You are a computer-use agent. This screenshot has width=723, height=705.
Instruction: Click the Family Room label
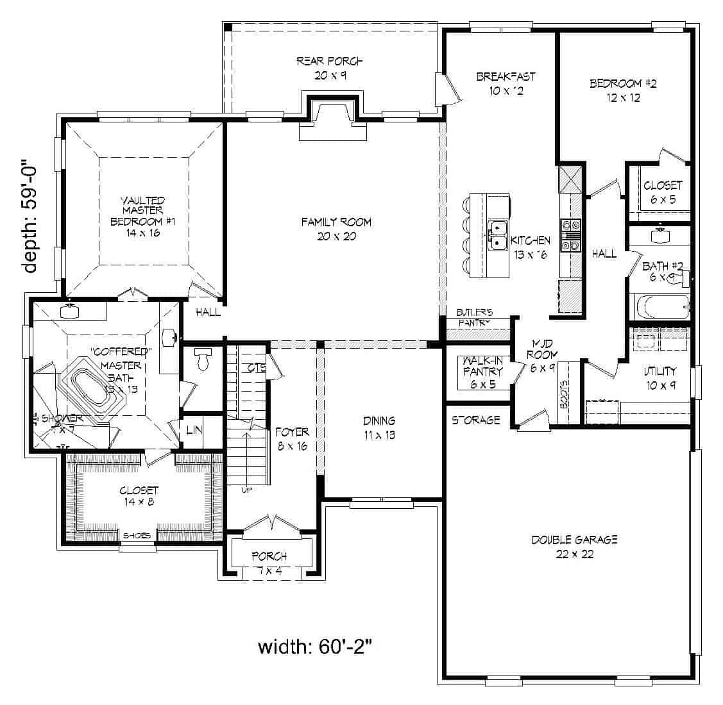pyautogui.click(x=337, y=229)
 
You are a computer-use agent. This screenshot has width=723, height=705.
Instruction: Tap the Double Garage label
pyautogui.click(x=574, y=546)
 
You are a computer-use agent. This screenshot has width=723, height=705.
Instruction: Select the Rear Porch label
pyautogui.click(x=330, y=68)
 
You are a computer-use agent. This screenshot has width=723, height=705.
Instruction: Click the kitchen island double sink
pyautogui.click(x=497, y=235)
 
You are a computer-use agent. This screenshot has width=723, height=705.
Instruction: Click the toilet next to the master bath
pyautogui.click(x=203, y=360)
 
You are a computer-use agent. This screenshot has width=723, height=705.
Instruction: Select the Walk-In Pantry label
pyautogui.click(x=482, y=372)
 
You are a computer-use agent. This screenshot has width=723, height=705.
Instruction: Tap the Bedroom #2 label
pyautogui.click(x=622, y=90)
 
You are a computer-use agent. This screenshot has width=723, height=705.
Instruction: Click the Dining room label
pyautogui.click(x=379, y=427)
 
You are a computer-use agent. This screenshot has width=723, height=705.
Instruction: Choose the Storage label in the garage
pyautogui.click(x=475, y=420)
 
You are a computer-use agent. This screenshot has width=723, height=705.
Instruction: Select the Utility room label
pyautogui.click(x=660, y=378)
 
